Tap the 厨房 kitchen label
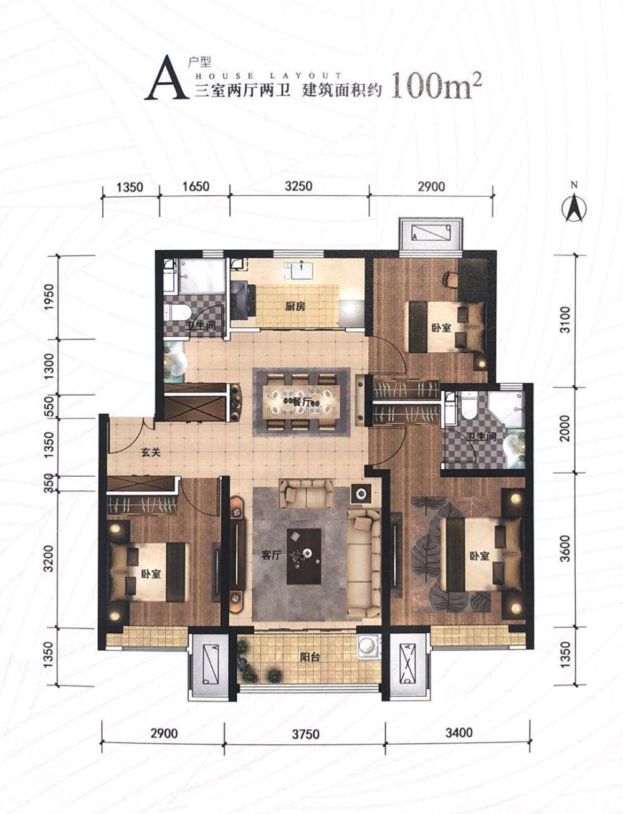click(x=295, y=307)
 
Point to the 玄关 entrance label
click(x=151, y=452)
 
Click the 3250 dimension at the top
click(x=298, y=186)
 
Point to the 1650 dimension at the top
click(x=195, y=186)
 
